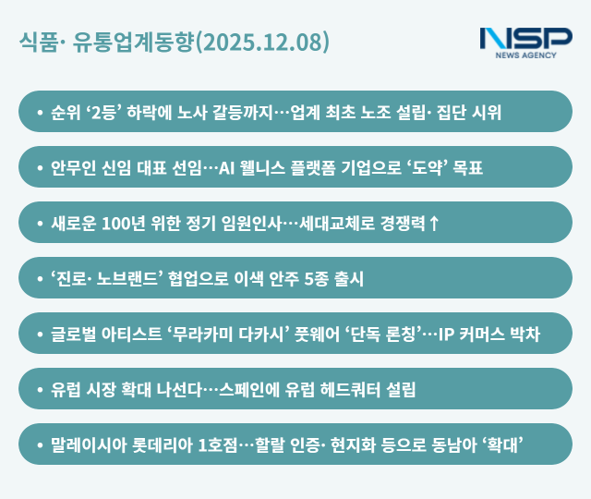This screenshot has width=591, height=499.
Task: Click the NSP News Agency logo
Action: pyautogui.click(x=525, y=42)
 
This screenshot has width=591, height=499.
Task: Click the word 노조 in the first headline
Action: pyautogui.click(x=380, y=113)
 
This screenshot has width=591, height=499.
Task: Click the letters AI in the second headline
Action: pyautogui.click(x=230, y=168)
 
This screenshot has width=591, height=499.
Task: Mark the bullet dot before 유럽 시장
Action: pyautogui.click(x=40, y=389)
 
